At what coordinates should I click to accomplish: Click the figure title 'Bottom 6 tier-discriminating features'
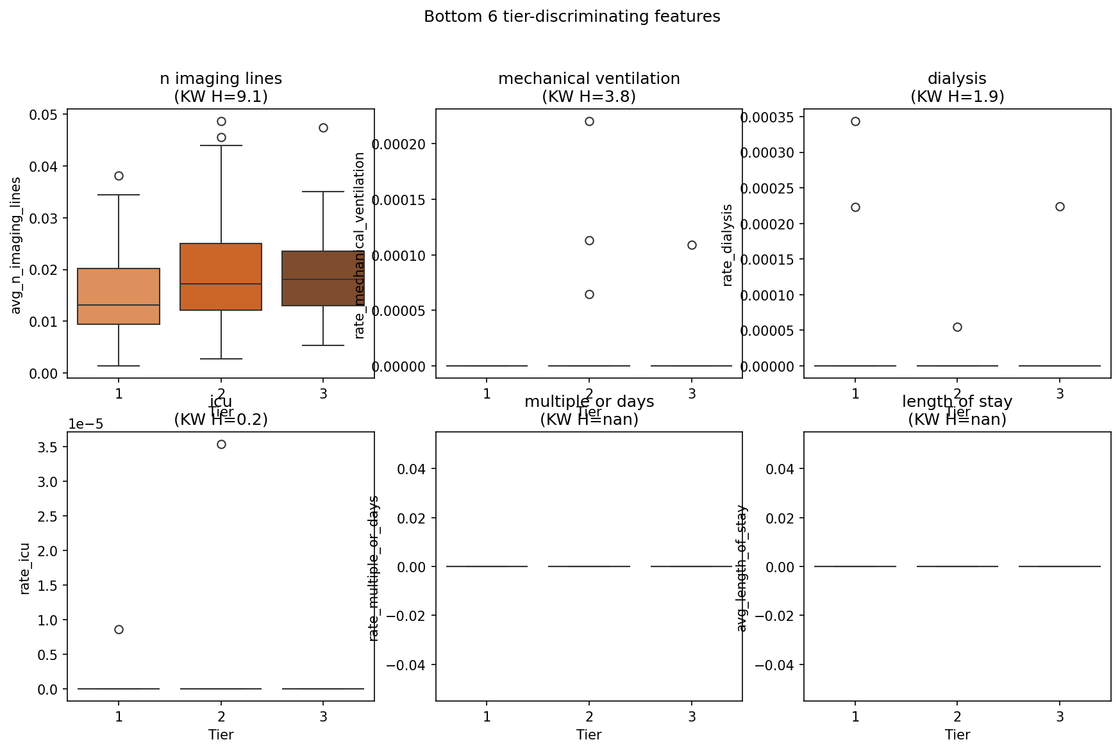point(572,17)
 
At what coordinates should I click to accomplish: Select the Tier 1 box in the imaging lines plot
point(119,296)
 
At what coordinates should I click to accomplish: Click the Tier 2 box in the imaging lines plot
point(221,277)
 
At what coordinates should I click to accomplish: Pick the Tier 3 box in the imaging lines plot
point(323,278)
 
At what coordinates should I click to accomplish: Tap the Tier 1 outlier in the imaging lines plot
point(119,176)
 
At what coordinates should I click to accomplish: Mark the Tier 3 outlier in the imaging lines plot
point(323,128)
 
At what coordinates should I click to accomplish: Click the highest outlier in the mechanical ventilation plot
point(589,121)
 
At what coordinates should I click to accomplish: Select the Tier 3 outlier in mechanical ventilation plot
point(692,245)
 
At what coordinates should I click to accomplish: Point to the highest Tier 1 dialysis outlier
point(855,121)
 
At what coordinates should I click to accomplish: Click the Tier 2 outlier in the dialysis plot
point(957,327)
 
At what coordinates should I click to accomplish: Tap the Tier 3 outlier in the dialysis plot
point(1060,206)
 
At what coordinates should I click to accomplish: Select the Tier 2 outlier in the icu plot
point(221,444)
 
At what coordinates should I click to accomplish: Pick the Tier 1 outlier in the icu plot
point(119,629)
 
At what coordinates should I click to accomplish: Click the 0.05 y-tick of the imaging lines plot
point(43,115)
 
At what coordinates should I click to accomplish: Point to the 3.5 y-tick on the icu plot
point(49,447)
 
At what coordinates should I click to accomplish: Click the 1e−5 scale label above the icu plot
point(85,424)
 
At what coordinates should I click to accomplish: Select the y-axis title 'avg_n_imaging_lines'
point(16,245)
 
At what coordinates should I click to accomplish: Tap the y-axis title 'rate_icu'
point(24,568)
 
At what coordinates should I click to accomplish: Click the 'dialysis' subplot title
point(957,78)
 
